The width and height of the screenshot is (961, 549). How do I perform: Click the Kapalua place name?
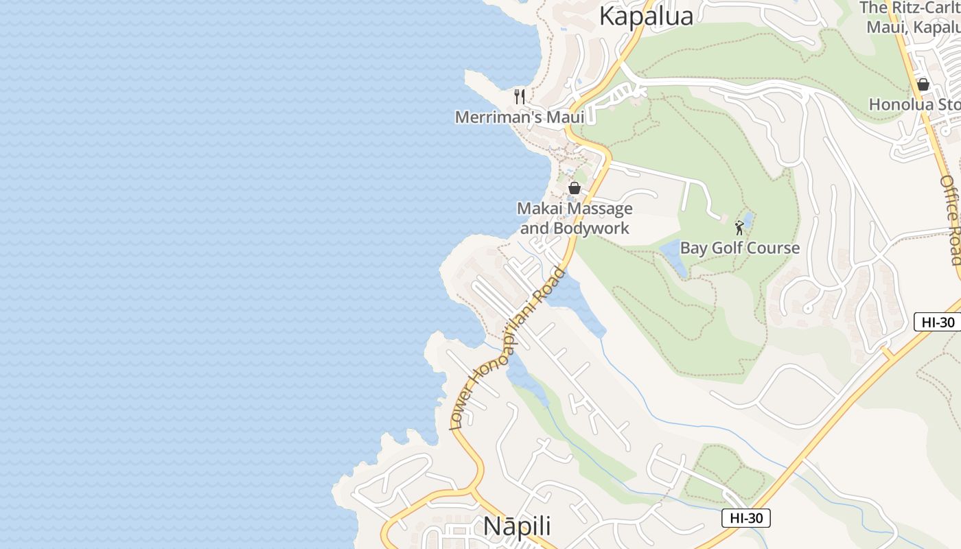point(646,16)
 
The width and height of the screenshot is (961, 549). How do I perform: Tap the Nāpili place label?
point(517,526)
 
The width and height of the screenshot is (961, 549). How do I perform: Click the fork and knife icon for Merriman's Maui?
point(520,97)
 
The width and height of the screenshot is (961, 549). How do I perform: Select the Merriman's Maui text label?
point(520,117)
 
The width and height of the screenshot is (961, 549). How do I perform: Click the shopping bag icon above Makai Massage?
point(575,188)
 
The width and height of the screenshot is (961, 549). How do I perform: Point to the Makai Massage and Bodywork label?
point(575,218)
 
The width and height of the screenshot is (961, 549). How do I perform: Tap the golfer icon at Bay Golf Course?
point(739,228)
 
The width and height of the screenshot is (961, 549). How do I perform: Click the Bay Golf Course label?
point(740,248)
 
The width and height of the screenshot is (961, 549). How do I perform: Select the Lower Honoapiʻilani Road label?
point(507,349)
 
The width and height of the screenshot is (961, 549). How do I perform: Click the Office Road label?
point(951,220)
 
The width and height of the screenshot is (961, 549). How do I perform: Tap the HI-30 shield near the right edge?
point(937,321)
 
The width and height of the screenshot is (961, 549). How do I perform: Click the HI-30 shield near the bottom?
point(745,518)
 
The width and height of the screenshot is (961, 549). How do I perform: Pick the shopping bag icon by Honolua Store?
point(923,84)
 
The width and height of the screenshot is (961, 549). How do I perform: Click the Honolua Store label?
point(914,104)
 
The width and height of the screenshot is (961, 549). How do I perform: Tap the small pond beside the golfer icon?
point(749,220)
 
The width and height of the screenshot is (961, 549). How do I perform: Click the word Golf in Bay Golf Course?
point(730,248)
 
